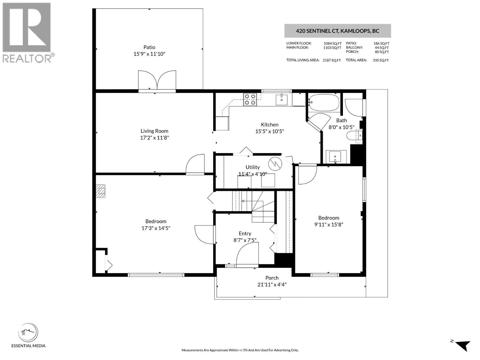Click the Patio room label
149,47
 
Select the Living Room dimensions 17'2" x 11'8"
154,138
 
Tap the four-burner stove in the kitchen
250,99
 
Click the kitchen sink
281,99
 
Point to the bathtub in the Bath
324,103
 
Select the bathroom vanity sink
335,156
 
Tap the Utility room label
253,167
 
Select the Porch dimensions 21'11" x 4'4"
272,284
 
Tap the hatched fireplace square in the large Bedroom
101,191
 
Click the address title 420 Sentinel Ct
337,31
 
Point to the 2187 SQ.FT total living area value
331,60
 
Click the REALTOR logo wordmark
27,58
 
